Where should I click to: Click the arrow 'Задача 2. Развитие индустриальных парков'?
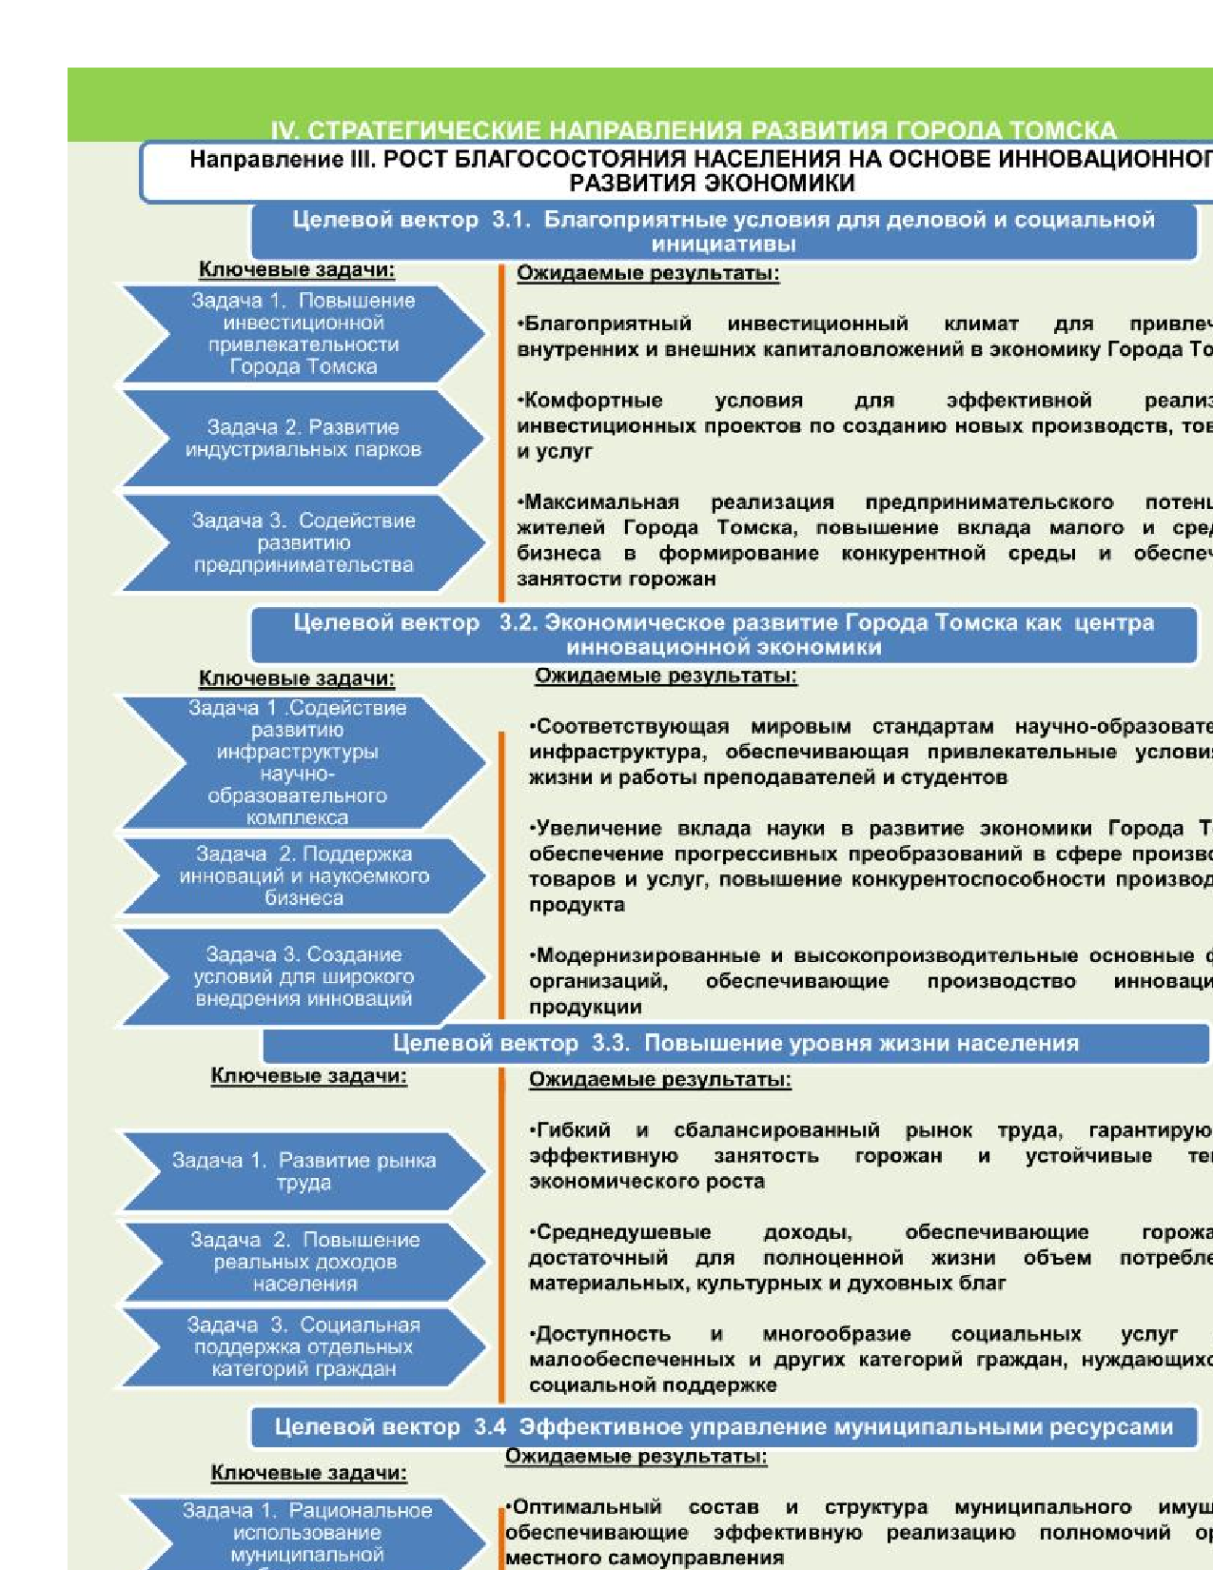point(303,439)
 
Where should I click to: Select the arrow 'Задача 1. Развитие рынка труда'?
point(303,1171)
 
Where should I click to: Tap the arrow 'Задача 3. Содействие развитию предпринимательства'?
point(303,542)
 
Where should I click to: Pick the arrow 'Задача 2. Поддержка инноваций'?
point(303,875)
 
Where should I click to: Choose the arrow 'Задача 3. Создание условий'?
point(303,976)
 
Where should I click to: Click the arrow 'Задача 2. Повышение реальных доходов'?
point(303,1262)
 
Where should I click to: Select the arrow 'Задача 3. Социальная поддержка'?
point(303,1346)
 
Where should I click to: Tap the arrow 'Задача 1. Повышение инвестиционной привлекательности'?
point(303,333)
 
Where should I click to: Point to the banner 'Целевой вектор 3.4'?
point(723,1427)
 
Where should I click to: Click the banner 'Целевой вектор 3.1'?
point(723,231)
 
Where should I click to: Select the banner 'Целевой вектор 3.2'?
point(723,635)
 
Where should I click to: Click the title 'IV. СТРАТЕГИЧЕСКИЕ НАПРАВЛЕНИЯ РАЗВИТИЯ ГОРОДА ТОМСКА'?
point(693,130)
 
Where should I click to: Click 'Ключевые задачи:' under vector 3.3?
point(308,1076)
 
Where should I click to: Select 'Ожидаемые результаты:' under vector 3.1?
point(648,274)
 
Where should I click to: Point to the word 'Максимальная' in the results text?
point(600,502)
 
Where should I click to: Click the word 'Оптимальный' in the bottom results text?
point(586,1507)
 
